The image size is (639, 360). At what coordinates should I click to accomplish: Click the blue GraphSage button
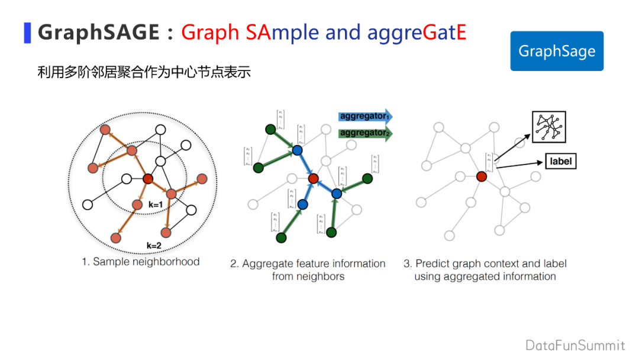point(557,51)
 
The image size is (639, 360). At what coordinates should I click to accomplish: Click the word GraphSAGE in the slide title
point(98,32)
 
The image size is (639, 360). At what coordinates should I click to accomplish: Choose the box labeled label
point(559,161)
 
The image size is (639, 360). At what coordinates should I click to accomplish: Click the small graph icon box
point(548,126)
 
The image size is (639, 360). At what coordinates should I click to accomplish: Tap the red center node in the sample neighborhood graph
point(149,179)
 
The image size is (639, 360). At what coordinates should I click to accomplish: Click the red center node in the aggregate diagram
point(314,178)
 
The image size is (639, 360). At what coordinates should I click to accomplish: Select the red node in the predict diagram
point(482,176)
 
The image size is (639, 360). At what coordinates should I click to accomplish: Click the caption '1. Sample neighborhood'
point(141,262)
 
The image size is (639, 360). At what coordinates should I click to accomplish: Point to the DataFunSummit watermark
point(575,345)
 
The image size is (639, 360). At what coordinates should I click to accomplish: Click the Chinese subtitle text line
point(144,73)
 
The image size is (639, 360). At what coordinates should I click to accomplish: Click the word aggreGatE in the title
point(417,32)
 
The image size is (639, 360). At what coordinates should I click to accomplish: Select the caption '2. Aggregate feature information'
point(308,264)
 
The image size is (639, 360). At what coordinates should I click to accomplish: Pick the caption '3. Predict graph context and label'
point(485,264)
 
